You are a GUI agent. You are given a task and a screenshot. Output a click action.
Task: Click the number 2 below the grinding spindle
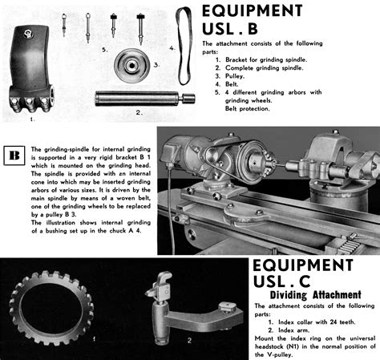[x=137, y=113]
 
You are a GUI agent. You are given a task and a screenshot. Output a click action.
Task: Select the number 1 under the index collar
[x=95, y=338]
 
